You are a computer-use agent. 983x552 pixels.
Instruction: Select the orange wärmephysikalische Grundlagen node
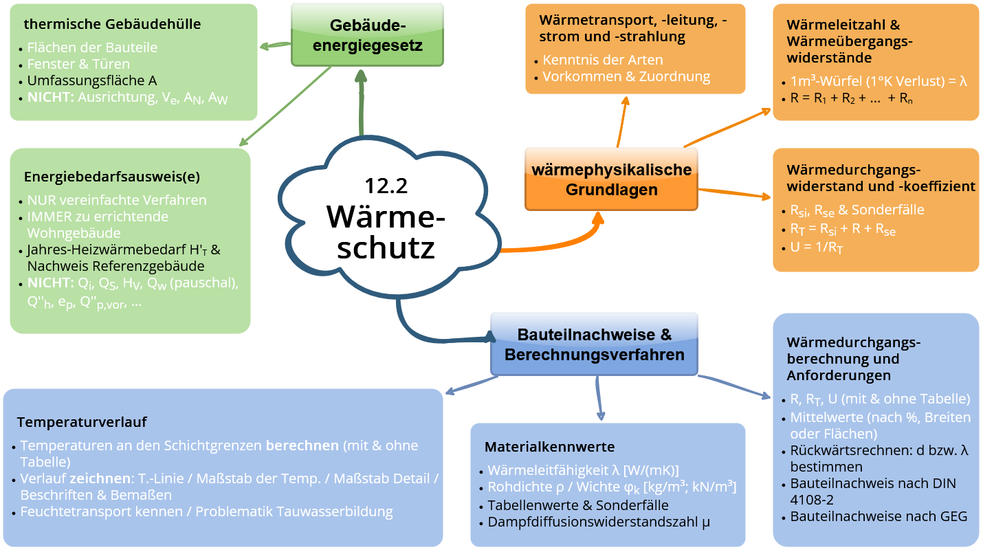[611, 179]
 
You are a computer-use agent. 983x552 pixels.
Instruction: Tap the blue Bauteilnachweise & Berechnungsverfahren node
[594, 345]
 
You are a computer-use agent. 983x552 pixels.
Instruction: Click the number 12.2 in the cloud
[386, 186]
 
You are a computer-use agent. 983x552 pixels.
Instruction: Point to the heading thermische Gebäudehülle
[112, 24]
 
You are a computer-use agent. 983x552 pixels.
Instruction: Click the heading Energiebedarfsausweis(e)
[112, 177]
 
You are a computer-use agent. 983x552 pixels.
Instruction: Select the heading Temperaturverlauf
[82, 421]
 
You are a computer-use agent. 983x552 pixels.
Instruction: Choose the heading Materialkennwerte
[549, 447]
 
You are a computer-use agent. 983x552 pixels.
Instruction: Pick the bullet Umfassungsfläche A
[92, 80]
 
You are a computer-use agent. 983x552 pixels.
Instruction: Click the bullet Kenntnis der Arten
[603, 60]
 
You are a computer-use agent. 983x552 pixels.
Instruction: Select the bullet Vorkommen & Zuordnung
[626, 76]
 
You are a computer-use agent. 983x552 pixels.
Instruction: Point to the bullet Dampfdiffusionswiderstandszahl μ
[599, 522]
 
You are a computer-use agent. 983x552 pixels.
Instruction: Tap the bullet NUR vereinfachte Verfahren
[117, 200]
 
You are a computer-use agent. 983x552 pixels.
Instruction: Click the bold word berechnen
[302, 445]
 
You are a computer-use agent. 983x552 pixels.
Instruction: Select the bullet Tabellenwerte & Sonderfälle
[578, 505]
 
